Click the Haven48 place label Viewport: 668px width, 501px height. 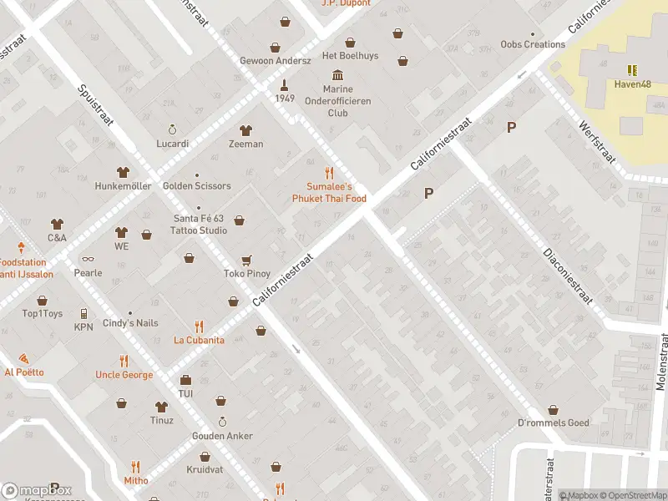(x=632, y=83)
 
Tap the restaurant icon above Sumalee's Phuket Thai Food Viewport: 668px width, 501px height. (x=329, y=173)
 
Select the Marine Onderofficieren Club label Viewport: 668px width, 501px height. (x=337, y=101)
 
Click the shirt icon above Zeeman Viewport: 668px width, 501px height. (x=245, y=130)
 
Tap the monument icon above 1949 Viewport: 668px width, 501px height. (x=285, y=84)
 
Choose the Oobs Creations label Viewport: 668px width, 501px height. (x=533, y=44)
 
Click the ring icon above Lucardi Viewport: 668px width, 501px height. (x=173, y=129)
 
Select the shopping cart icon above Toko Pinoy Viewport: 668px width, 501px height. (x=246, y=261)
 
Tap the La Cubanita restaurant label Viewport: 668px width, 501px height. (x=199, y=340)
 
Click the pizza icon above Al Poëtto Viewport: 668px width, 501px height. (x=23, y=358)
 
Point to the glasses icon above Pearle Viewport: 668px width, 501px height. (x=88, y=259)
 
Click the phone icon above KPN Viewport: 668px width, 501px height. (x=83, y=314)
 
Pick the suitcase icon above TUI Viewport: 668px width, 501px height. (x=185, y=380)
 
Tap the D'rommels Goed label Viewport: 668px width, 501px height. (x=553, y=423)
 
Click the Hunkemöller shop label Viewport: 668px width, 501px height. (x=123, y=185)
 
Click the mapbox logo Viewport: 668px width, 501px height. (x=37, y=491)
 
